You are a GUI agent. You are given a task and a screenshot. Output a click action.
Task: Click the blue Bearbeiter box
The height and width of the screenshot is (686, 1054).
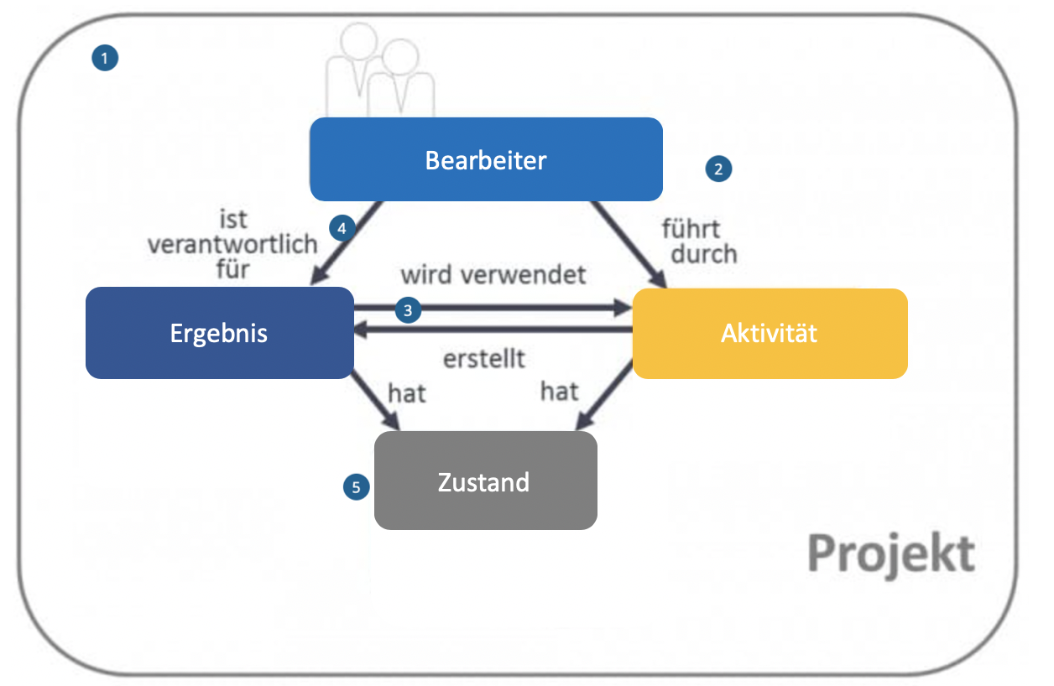[x=486, y=159]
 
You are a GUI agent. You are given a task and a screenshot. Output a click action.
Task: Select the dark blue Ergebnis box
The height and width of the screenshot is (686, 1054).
[x=219, y=333]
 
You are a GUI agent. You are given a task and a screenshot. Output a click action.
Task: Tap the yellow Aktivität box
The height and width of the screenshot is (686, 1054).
[x=770, y=333]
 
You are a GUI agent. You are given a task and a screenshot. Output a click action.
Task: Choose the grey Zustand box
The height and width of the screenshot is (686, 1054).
[x=485, y=481]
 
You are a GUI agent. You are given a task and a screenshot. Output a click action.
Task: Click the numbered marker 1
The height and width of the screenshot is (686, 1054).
[x=105, y=58]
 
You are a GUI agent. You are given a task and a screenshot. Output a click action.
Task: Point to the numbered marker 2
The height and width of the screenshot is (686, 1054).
[x=717, y=169]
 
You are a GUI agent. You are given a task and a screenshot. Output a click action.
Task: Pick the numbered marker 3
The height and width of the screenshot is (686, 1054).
[x=408, y=309]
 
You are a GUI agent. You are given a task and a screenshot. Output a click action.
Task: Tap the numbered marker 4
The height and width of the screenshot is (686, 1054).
[x=341, y=227]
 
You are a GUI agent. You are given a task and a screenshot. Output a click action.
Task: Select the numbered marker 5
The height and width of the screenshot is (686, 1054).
[x=357, y=486]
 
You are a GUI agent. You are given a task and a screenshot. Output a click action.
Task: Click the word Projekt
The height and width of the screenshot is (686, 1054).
[x=891, y=553]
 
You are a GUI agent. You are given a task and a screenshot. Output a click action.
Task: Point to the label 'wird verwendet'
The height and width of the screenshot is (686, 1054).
[x=493, y=274]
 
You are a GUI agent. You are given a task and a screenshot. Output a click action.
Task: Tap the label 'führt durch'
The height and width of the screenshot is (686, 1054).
[x=698, y=241]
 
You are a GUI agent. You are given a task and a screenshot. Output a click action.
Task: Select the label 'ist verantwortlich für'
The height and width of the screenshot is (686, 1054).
[x=232, y=244]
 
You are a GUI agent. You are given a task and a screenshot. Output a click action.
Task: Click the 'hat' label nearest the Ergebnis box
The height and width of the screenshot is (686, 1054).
[x=407, y=392]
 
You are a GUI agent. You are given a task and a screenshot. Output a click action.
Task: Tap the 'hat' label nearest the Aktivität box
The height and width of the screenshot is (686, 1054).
[x=559, y=391]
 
